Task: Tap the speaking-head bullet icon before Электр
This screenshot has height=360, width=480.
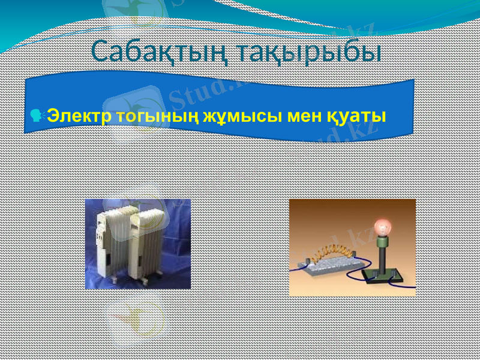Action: click(40, 115)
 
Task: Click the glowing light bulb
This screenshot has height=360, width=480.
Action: click(382, 227)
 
